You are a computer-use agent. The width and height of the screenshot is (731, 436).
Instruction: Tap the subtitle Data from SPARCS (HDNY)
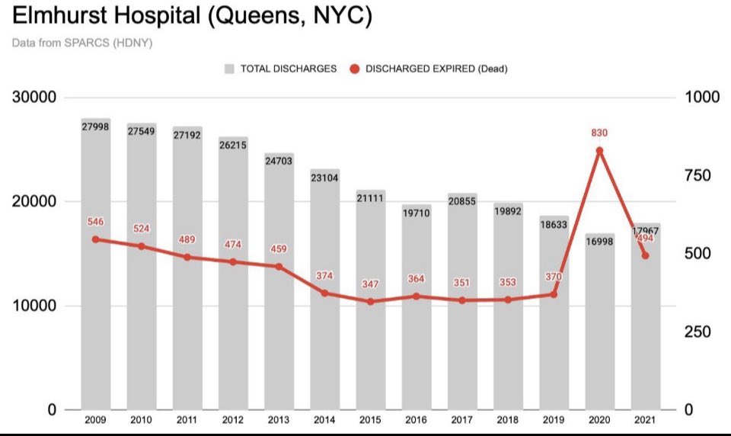82,43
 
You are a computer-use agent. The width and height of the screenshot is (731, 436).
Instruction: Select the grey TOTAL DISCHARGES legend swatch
229,69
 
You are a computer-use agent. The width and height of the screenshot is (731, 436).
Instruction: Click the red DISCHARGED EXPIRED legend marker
355,69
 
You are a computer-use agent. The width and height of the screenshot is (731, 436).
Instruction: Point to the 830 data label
599,133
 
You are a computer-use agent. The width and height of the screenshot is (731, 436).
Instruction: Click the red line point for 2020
599,151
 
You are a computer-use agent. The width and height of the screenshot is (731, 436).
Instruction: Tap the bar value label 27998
96,127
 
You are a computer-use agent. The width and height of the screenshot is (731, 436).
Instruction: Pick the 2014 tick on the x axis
325,420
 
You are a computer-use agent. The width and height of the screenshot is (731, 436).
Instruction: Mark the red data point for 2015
371,302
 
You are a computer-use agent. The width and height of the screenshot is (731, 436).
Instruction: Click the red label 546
96,222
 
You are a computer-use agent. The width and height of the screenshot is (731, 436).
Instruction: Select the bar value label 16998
599,242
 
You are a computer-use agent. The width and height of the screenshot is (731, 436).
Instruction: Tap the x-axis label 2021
645,420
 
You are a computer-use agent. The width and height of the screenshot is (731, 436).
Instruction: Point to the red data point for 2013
279,267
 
